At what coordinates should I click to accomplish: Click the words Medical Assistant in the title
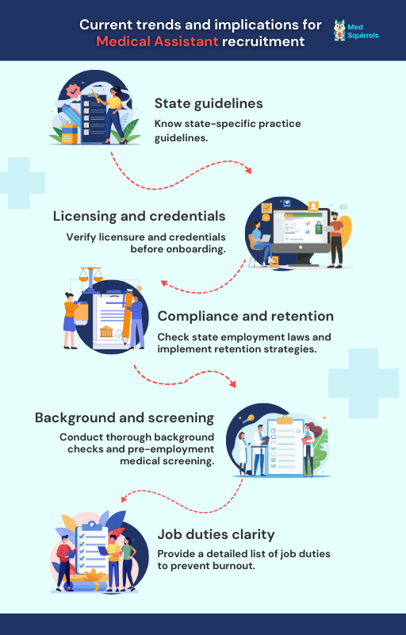pyautogui.click(x=157, y=41)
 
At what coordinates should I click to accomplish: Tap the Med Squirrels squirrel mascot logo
pyautogui.click(x=339, y=30)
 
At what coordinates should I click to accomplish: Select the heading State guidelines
pyautogui.click(x=209, y=104)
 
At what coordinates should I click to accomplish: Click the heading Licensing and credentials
pyautogui.click(x=139, y=216)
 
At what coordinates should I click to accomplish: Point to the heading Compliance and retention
pyautogui.click(x=246, y=316)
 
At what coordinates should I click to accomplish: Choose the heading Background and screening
pyautogui.click(x=124, y=418)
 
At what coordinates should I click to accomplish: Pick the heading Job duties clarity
pyautogui.click(x=216, y=534)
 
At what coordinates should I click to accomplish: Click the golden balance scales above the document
pyautogui.click(x=90, y=275)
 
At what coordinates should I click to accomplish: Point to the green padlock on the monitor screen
pyautogui.click(x=319, y=228)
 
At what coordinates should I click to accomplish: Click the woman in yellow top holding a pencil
pyautogui.click(x=114, y=114)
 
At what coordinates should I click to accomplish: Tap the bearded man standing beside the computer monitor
pyautogui.click(x=335, y=240)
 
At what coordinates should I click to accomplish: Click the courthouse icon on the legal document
pyautogui.click(x=106, y=331)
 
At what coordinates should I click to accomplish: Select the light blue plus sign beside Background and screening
pyautogui.click(x=363, y=383)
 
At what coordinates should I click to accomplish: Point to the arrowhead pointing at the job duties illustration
pyautogui.click(x=125, y=499)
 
